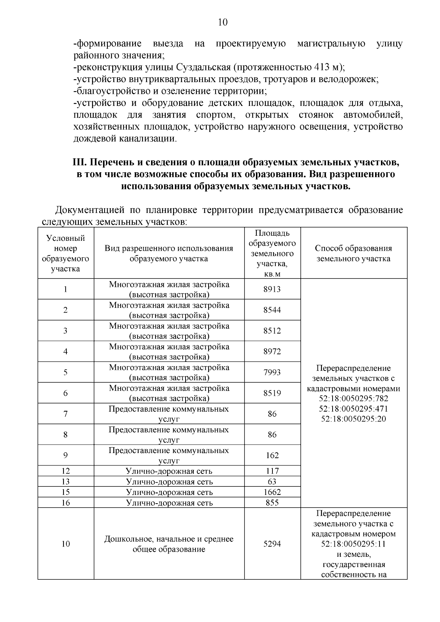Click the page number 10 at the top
223,22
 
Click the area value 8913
272,289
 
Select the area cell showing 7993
272,372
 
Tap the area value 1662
272,492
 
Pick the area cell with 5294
272,544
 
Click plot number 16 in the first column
66,503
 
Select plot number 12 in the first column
66,471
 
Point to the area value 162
272,455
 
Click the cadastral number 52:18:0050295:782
353,398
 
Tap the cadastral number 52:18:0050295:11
353,544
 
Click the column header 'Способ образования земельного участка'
353,253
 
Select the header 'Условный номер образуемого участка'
66,253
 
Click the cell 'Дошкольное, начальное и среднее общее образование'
169,544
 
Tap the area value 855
272,503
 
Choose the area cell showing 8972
272,352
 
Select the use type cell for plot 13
169,482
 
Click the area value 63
272,482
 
